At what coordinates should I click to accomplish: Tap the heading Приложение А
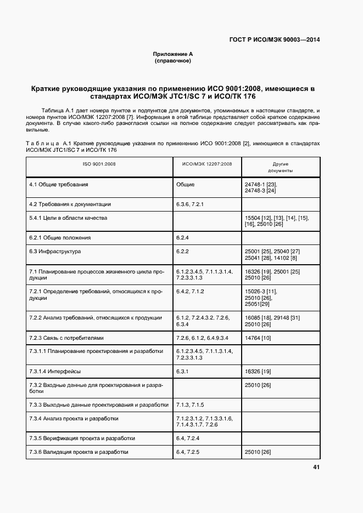173,54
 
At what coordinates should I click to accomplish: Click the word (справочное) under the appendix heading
173,61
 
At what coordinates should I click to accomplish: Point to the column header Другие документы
281,167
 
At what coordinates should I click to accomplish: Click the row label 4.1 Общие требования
59,185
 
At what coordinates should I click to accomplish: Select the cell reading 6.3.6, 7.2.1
190,204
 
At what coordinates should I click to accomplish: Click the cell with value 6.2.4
183,238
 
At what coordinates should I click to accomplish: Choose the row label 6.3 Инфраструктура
55,252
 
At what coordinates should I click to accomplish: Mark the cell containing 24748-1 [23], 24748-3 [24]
260,187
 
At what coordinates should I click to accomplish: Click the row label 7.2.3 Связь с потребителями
66,338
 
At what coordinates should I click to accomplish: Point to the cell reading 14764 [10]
258,338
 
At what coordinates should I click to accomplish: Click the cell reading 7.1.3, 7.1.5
190,405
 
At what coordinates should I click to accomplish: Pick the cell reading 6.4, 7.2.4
188,438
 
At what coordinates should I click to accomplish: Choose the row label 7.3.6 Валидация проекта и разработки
79,452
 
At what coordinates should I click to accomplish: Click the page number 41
316,468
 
